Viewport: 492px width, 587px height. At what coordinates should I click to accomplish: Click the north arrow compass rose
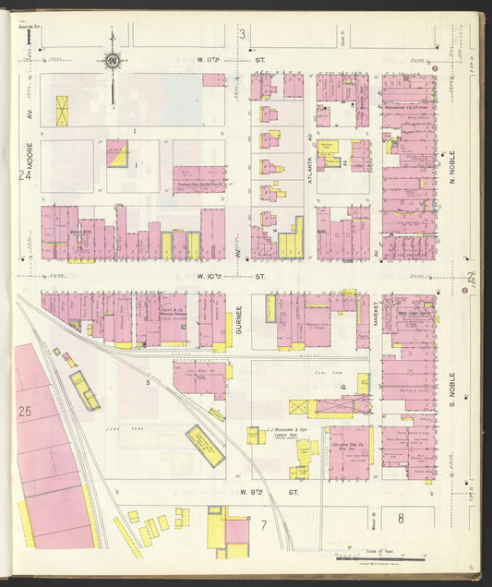point(113,62)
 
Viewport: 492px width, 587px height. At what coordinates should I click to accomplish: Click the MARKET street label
point(377,319)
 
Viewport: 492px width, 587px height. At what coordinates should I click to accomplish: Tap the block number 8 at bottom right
point(401,519)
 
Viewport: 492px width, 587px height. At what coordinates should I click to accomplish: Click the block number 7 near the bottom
point(263,525)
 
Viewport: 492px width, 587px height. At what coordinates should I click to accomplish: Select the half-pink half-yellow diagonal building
point(117,153)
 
